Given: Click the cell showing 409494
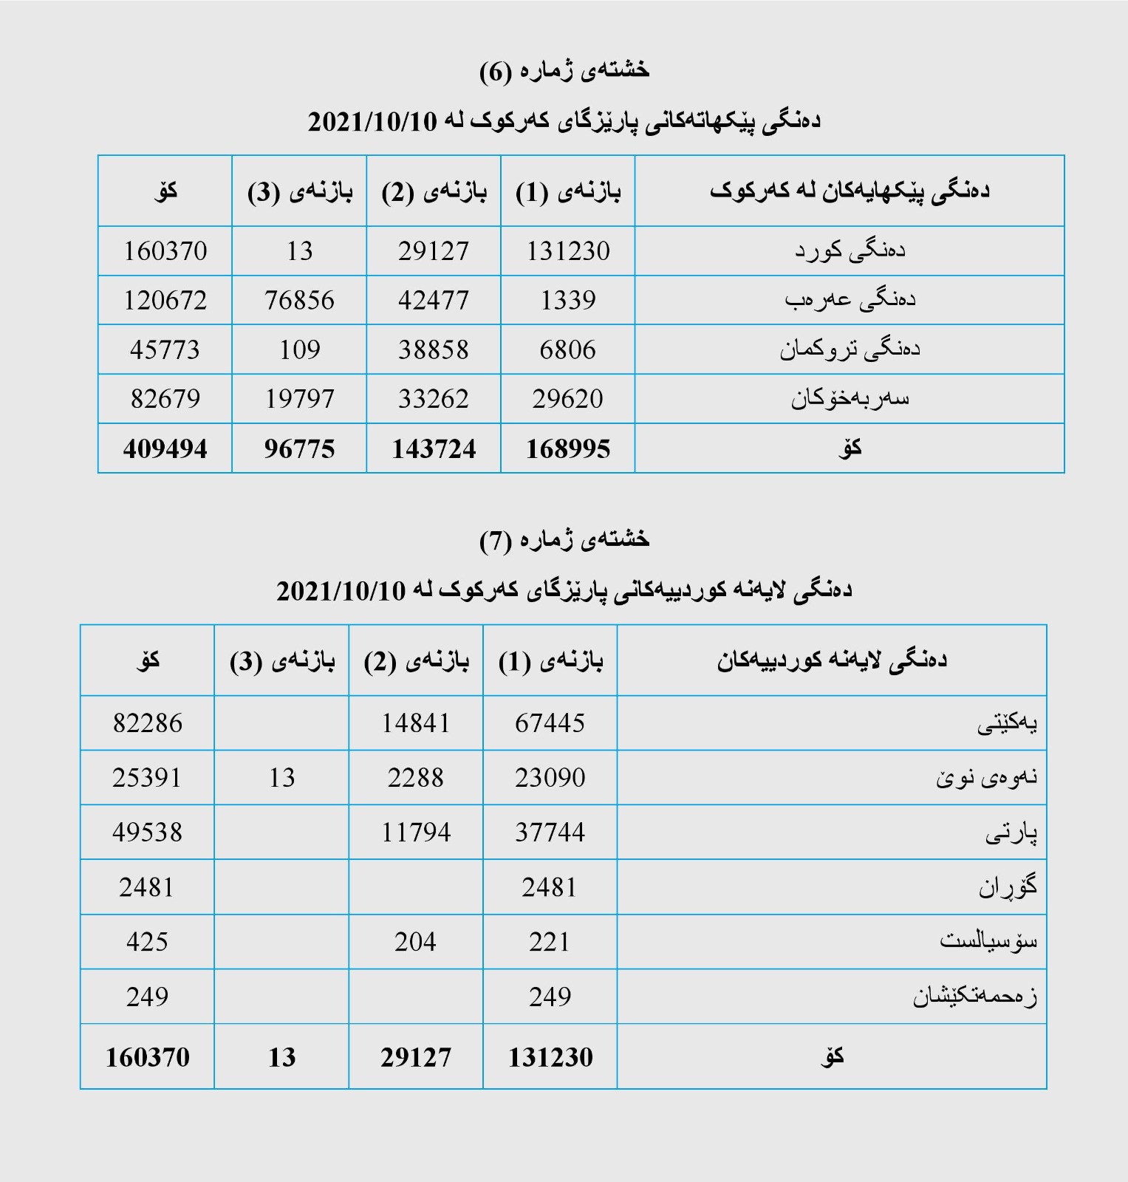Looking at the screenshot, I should (165, 449).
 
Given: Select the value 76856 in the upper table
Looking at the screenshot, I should (299, 301).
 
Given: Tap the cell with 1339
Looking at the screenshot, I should (567, 301).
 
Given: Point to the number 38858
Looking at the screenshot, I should (434, 349).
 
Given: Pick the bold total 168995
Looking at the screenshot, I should (567, 449).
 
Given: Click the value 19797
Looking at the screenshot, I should (299, 399).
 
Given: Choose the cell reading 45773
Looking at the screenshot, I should (165, 349).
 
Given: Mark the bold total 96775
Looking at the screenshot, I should (299, 449).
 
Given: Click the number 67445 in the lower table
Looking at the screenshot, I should (550, 723).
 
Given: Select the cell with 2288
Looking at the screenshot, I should (415, 778).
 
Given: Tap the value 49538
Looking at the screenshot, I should (147, 833).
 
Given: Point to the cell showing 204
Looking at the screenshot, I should (415, 942).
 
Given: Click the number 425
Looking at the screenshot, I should (147, 942).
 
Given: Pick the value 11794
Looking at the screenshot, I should (415, 833).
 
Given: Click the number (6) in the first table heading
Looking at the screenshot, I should (496, 72).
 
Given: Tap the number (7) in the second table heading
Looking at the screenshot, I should (496, 541).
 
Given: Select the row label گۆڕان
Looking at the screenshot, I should (1008, 886).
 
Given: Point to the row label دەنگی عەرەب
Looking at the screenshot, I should (850, 300).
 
